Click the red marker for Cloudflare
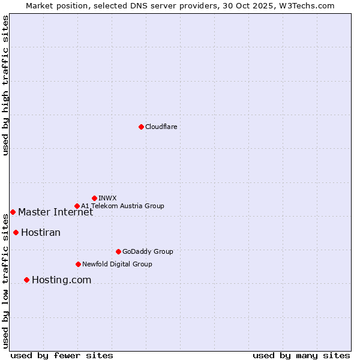(141, 127)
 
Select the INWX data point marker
(94, 198)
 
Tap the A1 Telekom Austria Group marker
(77, 206)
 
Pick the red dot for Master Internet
(13, 212)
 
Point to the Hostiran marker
(16, 232)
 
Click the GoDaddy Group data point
(118, 251)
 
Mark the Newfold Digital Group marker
(78, 264)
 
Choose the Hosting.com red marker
(26, 280)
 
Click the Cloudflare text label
(161, 127)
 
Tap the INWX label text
(107, 198)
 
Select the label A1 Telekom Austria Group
(122, 206)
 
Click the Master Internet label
(55, 212)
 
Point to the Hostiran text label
(41, 233)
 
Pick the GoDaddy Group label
(148, 251)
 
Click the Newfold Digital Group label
(117, 264)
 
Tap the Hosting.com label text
(61, 280)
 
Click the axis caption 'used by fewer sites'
(62, 355)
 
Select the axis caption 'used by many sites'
(301, 355)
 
